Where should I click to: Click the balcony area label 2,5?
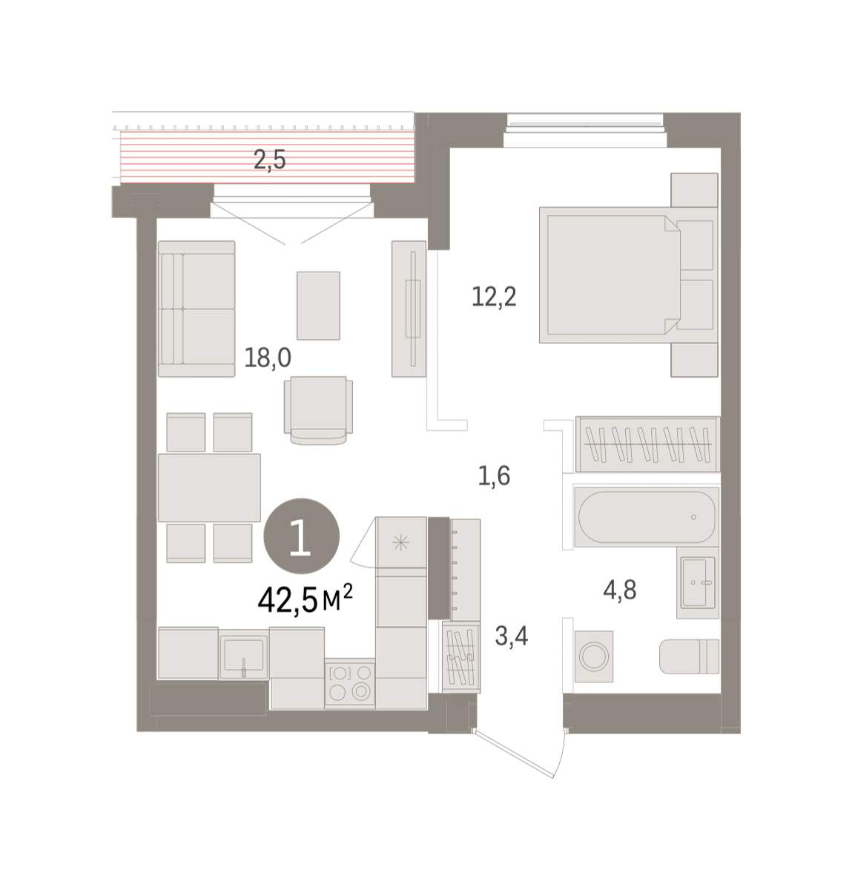269,160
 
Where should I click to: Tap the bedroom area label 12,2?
493,297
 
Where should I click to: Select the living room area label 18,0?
268,357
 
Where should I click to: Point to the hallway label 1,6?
494,476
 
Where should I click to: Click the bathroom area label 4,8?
620,590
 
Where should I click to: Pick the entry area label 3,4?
512,636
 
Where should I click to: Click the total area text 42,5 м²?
305,601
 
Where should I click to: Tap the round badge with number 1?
301,535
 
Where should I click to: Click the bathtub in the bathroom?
646,517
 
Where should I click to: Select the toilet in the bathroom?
689,656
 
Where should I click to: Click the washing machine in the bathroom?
594,656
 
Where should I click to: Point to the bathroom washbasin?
698,583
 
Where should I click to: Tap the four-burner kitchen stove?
350,683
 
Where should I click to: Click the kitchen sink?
243,655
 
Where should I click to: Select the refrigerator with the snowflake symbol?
401,542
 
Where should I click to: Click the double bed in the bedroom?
628,275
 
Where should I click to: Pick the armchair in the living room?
318,410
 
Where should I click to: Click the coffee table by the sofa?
318,306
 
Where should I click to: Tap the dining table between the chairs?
209,487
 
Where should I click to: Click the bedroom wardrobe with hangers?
647,444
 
